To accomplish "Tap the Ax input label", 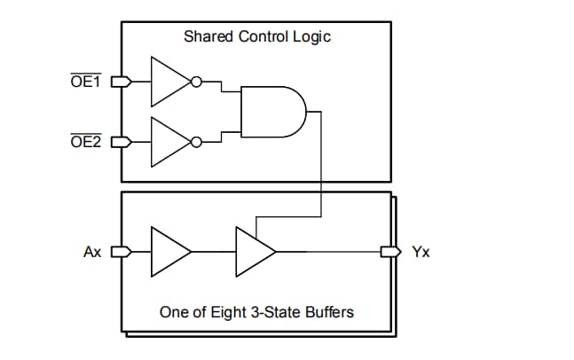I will click(92, 252).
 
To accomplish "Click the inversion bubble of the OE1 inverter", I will click(196, 82).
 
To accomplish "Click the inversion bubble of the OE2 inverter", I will click(196, 141).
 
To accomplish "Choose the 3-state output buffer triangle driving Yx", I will click(254, 252).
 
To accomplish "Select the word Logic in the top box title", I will click(313, 37).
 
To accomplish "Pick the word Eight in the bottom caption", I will click(224, 312).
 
